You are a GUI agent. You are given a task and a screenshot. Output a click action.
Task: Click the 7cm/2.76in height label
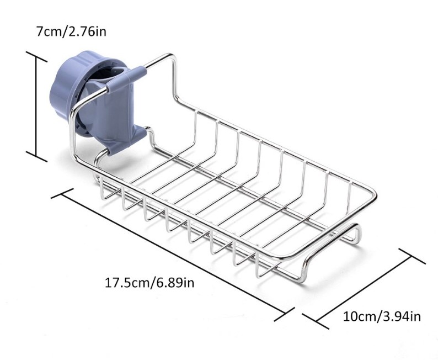point(71,31)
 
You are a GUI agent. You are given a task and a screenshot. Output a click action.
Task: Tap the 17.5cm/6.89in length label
point(149,282)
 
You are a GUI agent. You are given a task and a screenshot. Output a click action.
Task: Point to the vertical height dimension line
point(36,107)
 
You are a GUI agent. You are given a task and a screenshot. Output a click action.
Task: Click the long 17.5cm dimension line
point(172,255)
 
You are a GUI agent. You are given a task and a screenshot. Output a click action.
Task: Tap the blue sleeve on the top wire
point(126,79)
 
